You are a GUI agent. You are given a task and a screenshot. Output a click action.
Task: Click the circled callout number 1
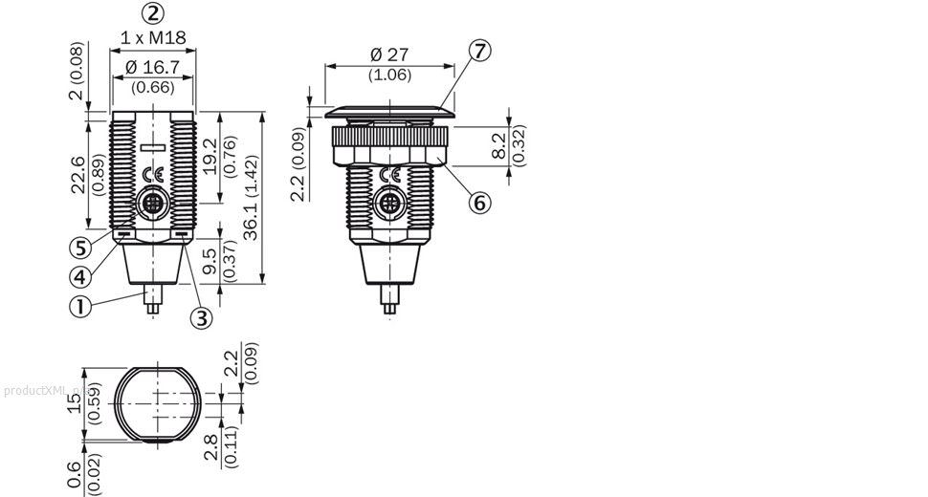pos(80,306)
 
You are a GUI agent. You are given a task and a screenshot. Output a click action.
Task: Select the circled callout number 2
pos(153,13)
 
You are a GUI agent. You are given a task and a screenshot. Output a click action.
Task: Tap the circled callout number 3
pos(201,318)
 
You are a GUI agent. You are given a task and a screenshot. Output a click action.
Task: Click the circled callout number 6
pos(479,203)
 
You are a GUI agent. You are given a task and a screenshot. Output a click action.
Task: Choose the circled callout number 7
pos(479,51)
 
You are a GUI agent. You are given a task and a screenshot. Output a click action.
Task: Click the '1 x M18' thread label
pos(153,38)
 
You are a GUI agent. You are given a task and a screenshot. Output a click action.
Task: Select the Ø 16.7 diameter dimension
pos(153,67)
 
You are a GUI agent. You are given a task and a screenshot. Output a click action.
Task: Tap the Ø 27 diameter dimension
pos(389,54)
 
